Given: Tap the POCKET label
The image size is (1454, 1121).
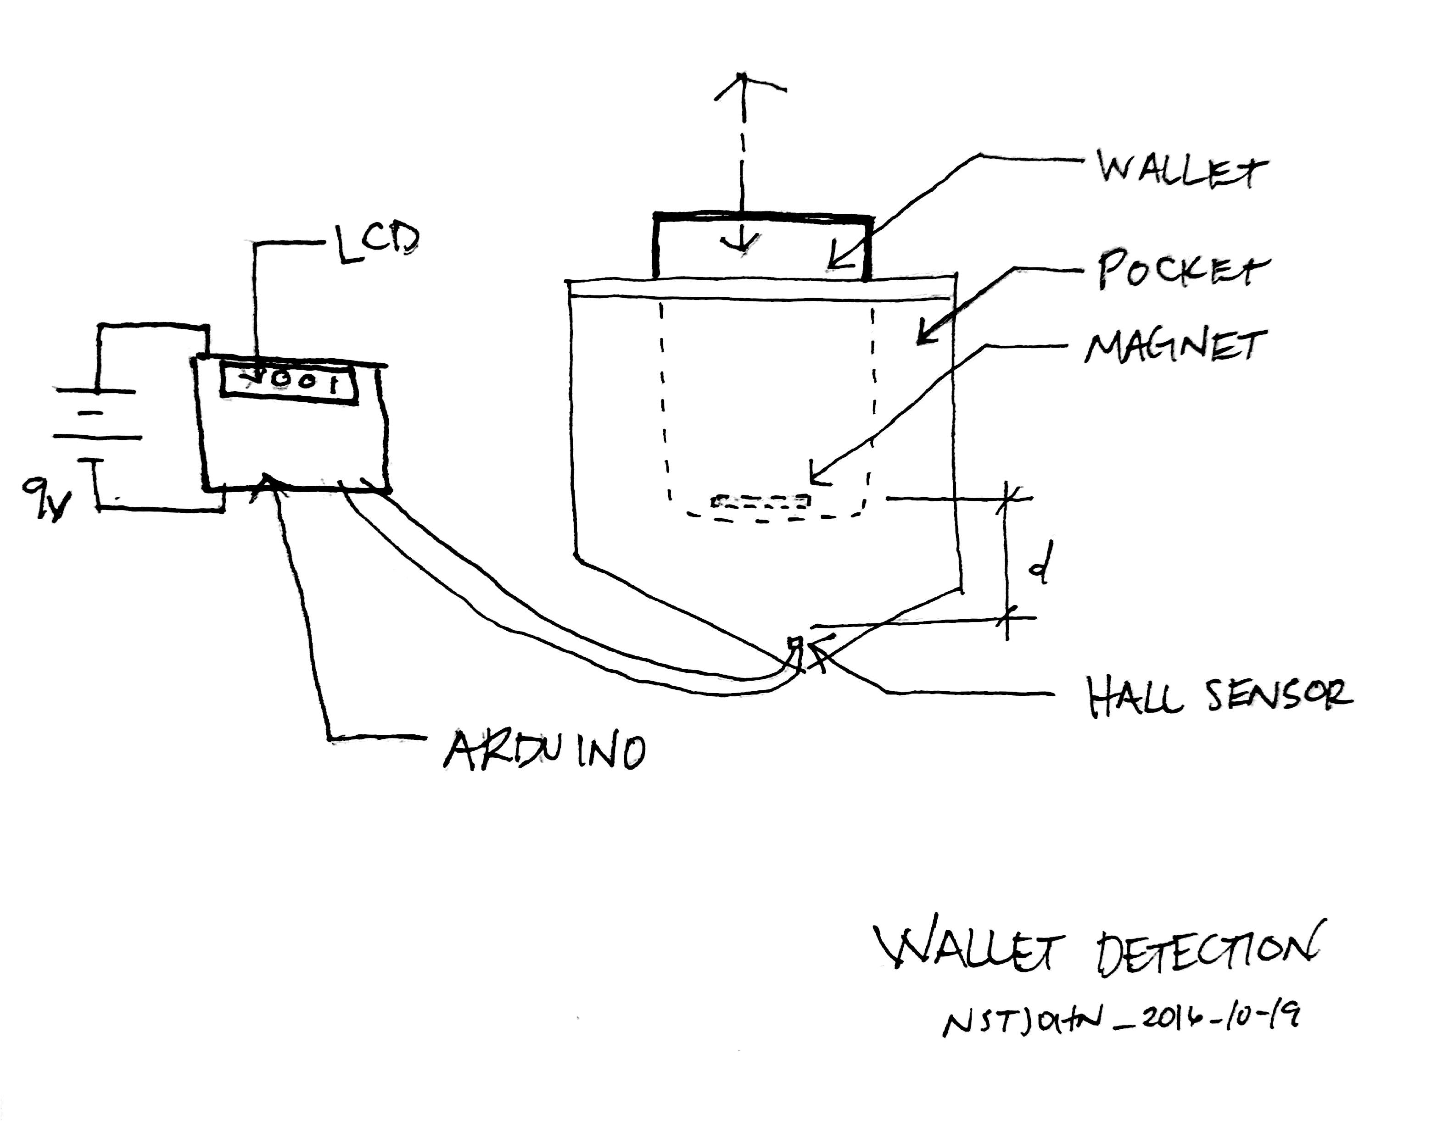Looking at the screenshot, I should click(1182, 271).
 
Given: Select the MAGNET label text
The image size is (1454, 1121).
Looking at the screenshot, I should click(1174, 347).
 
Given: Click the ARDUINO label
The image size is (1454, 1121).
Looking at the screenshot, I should click(545, 751).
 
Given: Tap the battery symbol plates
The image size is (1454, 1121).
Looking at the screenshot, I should click(96, 414).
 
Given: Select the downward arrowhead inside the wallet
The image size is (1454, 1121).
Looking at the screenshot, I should click(744, 246).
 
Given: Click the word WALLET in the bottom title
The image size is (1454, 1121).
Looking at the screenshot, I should click(969, 947).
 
